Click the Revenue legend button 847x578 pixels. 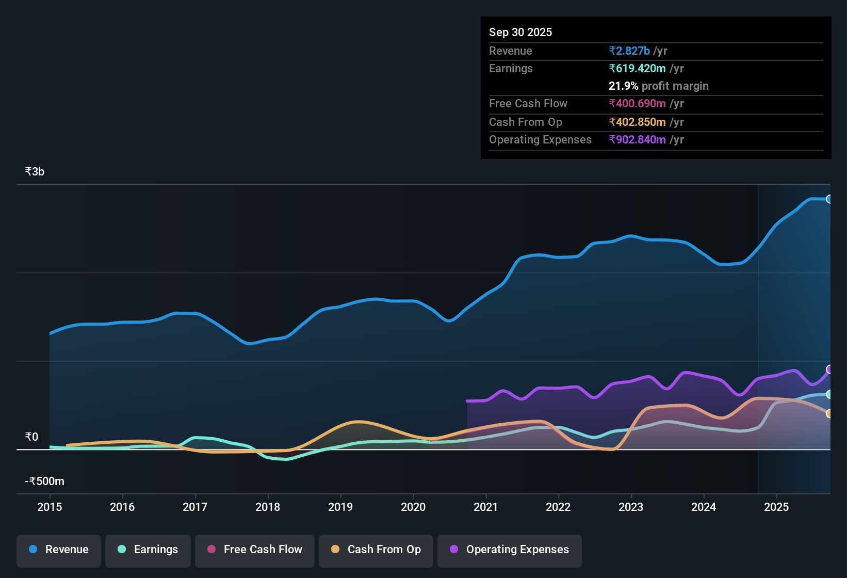pyautogui.click(x=59, y=550)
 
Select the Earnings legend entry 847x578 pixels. pyautogui.click(x=148, y=550)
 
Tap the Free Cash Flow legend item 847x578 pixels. pyautogui.click(x=255, y=550)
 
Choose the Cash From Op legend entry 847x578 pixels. pyautogui.click(x=376, y=550)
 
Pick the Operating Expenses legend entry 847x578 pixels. pyautogui.click(x=510, y=550)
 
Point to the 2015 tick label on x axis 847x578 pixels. pyautogui.click(x=50, y=507)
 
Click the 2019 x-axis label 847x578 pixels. pyautogui.click(x=340, y=507)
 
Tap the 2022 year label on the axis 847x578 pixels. pyautogui.click(x=558, y=507)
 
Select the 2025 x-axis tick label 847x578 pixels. pyautogui.click(x=776, y=507)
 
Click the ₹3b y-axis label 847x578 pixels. pyautogui.click(x=35, y=172)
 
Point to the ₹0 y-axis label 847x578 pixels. pyautogui.click(x=31, y=437)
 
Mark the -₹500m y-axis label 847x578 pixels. pyautogui.click(x=45, y=481)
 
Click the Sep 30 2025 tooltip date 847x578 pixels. pyautogui.click(x=520, y=33)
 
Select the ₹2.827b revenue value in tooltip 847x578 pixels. pyautogui.click(x=629, y=51)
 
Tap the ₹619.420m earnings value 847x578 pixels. pyautogui.click(x=637, y=69)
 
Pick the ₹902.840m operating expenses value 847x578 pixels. pyautogui.click(x=637, y=140)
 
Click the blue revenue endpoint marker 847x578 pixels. pyautogui.click(x=829, y=199)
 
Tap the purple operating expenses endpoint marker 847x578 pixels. pyautogui.click(x=829, y=370)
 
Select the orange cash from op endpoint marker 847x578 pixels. pyautogui.click(x=829, y=413)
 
